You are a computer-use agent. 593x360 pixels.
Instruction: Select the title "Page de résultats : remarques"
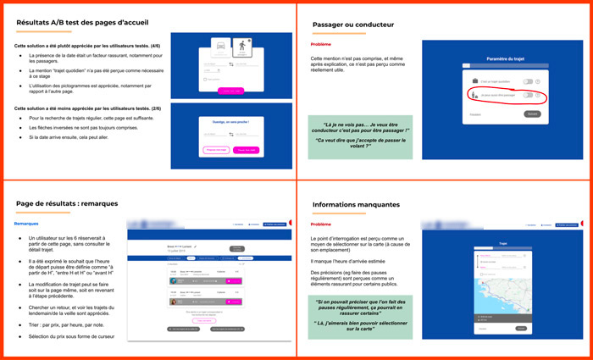coord(67,204)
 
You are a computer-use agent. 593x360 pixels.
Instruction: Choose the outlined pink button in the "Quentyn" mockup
coord(216,150)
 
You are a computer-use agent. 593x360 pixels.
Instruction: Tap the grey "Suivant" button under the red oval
coord(532,114)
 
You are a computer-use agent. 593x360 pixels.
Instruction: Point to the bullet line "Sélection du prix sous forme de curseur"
coord(77,338)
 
